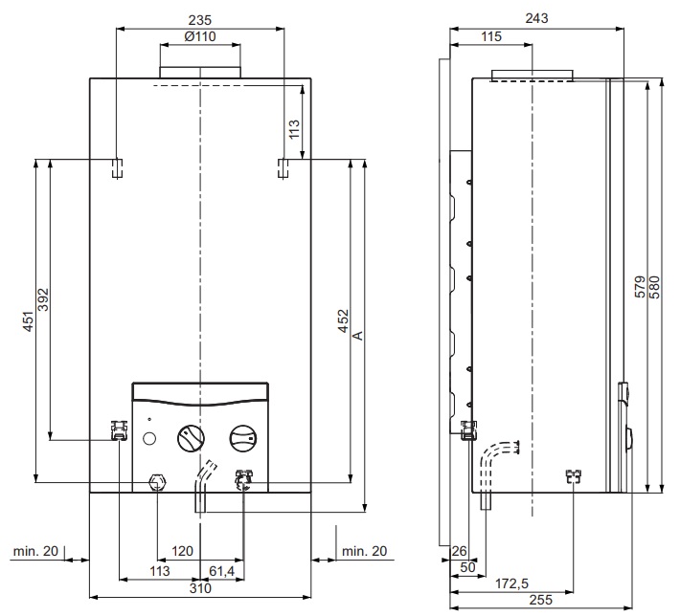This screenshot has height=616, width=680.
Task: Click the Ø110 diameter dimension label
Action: coord(200,36)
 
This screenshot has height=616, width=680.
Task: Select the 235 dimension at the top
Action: coord(200,20)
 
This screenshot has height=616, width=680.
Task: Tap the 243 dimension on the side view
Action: coord(536,18)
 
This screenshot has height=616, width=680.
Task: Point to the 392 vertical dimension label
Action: coord(43,299)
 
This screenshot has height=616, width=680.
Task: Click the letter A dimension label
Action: coord(358,336)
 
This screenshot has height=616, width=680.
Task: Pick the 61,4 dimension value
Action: coord(221,571)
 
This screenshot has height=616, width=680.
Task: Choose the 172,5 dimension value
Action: coord(511,583)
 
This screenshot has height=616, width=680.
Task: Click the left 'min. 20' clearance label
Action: coord(35,551)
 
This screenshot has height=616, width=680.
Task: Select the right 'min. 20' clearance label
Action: coord(364,551)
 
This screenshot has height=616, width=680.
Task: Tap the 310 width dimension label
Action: coord(200,588)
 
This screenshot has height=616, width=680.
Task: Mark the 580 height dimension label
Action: coord(655,287)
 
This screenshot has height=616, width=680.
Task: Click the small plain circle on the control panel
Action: coord(148,438)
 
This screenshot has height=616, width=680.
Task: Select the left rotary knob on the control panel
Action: coord(191,437)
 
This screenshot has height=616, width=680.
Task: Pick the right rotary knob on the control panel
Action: coord(243,437)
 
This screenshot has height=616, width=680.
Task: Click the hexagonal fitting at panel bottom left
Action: coord(157,482)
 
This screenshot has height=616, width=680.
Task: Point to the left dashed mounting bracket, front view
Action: coord(117,168)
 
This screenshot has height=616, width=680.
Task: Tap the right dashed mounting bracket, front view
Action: coord(283,168)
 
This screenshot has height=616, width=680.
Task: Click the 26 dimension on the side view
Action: coord(460,551)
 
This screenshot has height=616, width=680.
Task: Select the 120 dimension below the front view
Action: coord(182,551)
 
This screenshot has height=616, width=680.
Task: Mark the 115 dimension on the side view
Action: coord(491,36)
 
